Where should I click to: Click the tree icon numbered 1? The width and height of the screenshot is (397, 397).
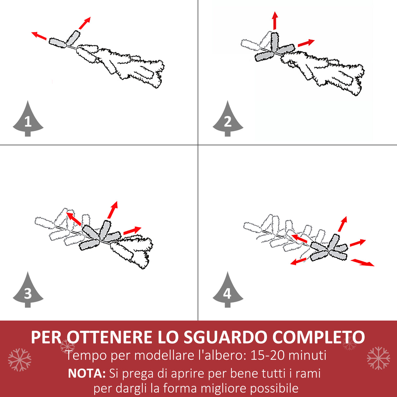point(28,119)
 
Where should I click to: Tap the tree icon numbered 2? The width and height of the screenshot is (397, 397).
point(228,119)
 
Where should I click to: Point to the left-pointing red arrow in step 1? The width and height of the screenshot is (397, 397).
point(39,36)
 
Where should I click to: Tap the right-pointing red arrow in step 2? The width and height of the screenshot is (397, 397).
point(306,43)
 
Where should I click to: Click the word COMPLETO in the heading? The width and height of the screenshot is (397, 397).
point(319,337)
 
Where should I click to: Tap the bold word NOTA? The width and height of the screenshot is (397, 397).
point(87,373)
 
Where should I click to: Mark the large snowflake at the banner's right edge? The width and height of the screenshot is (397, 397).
point(378,358)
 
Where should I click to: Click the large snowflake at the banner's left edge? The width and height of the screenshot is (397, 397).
point(20,360)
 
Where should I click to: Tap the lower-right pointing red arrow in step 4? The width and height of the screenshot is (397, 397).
point(362,262)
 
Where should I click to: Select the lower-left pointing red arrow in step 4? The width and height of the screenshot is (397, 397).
point(299,261)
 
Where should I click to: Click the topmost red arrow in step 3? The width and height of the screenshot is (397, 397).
point(112,210)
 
